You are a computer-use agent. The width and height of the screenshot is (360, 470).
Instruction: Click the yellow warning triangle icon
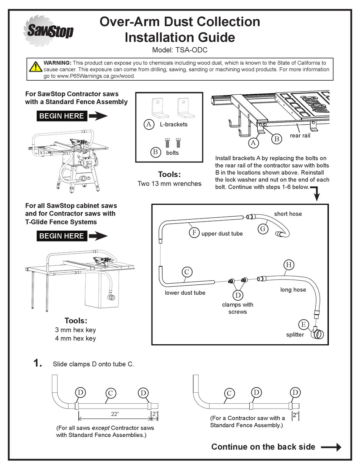coord(36,67)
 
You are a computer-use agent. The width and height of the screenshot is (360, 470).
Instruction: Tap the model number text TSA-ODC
coord(180,50)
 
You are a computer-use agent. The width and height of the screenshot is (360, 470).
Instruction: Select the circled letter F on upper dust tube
coord(194,233)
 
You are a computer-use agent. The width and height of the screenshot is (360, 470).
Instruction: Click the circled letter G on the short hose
coord(262,229)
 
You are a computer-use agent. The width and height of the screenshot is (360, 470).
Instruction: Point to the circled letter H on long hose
coord(288,265)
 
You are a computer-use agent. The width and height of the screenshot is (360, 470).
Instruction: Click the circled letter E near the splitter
coord(303,324)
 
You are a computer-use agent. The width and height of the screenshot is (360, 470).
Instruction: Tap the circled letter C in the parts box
coord(186,272)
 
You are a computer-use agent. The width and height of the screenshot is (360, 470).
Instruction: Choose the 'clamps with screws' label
coord(238,308)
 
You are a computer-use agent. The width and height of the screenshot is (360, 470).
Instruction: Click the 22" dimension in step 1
coord(115,414)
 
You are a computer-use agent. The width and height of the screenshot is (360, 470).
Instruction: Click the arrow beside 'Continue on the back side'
coord(331,447)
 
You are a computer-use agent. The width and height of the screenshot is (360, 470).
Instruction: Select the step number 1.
coord(38,364)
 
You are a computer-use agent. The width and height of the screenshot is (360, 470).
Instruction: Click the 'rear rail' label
coord(300,135)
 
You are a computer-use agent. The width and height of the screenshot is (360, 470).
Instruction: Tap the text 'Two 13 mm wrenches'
coord(169,184)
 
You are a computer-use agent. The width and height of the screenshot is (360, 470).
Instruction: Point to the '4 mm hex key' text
coord(75,338)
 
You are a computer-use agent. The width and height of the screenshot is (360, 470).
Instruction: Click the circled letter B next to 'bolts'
coord(155,152)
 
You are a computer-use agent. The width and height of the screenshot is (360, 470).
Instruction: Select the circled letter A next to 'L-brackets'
coord(149,124)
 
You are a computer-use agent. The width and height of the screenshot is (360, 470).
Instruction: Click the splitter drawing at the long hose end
coord(318,334)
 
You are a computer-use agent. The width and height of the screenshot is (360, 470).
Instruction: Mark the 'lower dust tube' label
coord(185,293)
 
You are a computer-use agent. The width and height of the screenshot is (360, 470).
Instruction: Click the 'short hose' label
coord(288,214)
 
